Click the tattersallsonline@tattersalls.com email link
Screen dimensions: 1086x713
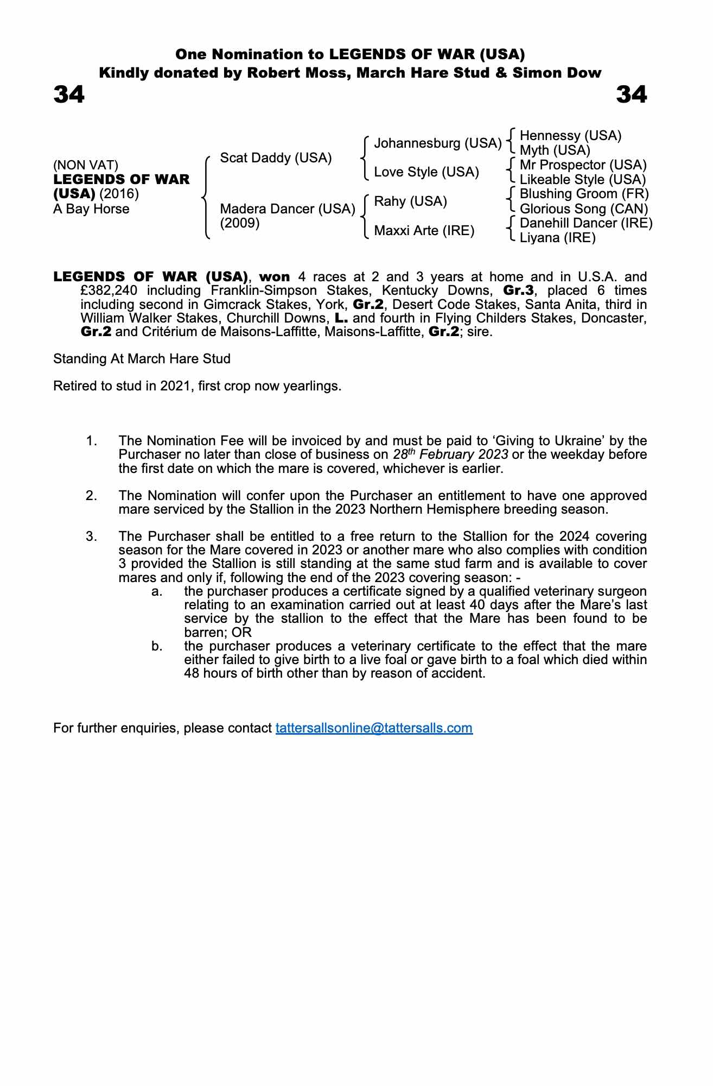click(374, 728)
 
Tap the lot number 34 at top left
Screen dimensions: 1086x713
click(69, 94)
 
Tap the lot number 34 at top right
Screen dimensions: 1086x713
click(631, 94)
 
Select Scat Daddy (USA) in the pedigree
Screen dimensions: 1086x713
click(276, 158)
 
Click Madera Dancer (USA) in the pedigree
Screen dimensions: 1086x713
click(287, 209)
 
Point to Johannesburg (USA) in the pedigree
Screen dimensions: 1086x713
click(437, 143)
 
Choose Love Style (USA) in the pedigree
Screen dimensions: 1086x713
click(426, 172)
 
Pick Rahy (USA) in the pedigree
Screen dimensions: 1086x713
click(410, 201)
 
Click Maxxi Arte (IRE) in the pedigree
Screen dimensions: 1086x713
click(424, 231)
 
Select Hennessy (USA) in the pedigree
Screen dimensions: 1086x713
click(570, 136)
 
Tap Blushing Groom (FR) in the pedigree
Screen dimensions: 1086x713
click(584, 194)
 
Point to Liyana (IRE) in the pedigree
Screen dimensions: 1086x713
click(557, 238)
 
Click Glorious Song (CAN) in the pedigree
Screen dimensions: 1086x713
click(584, 209)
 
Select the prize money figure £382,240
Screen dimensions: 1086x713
click(109, 291)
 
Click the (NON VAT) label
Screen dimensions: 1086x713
click(86, 165)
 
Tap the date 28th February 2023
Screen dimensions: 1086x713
click(450, 454)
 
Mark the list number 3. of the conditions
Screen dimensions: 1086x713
click(92, 536)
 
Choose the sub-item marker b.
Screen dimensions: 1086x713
click(157, 646)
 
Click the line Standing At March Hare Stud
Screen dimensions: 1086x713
click(142, 359)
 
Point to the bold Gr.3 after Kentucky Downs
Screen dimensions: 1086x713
click(519, 291)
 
